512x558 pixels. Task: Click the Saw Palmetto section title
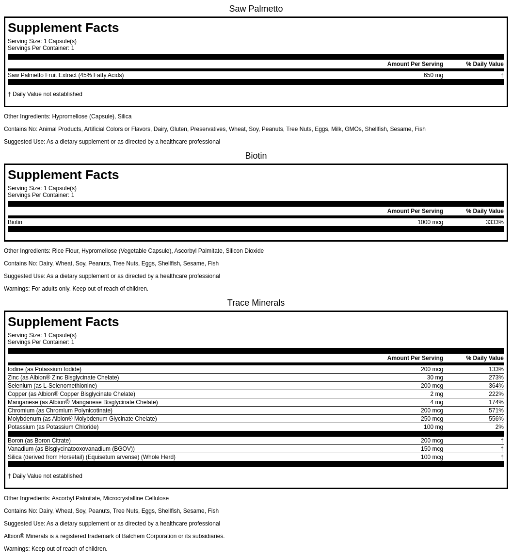pyautogui.click(x=256, y=9)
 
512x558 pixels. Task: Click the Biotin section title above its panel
pyautogui.click(x=256, y=156)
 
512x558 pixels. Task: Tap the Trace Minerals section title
pyautogui.click(x=256, y=303)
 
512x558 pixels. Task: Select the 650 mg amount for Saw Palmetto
pyautogui.click(x=433, y=75)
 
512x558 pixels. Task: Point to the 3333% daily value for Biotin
pyautogui.click(x=494, y=222)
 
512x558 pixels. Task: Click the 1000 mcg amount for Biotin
pyautogui.click(x=430, y=222)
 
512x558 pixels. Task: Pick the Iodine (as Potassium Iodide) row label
pyautogui.click(x=45, y=369)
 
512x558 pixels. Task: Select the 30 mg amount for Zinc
pyautogui.click(x=435, y=377)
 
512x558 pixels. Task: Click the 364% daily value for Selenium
pyautogui.click(x=496, y=386)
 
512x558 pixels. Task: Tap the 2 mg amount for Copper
pyautogui.click(x=436, y=394)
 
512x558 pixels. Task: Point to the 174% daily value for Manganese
pyautogui.click(x=496, y=402)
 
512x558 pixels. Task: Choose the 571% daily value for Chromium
pyautogui.click(x=496, y=410)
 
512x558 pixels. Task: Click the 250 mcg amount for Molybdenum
pyautogui.click(x=432, y=419)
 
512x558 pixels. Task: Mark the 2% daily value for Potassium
pyautogui.click(x=499, y=427)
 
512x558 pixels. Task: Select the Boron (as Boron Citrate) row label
pyautogui.click(x=39, y=441)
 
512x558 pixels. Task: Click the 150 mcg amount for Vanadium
pyautogui.click(x=432, y=449)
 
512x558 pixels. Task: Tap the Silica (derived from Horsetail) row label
pyautogui.click(x=92, y=457)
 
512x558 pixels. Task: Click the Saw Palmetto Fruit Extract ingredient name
pyautogui.click(x=65, y=75)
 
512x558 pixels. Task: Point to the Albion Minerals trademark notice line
pyautogui.click(x=114, y=536)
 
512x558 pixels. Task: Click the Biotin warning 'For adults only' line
pyautogui.click(x=76, y=289)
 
